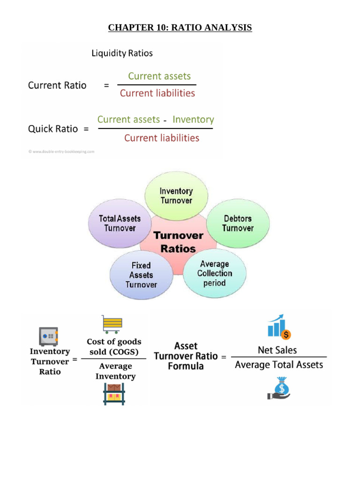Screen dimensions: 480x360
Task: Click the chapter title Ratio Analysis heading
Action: click(x=180, y=28)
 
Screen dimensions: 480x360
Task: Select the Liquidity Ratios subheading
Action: click(x=122, y=53)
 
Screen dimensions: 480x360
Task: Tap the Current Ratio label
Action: click(x=57, y=85)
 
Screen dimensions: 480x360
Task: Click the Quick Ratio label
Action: click(x=53, y=128)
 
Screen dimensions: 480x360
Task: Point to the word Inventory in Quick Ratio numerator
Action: click(x=193, y=120)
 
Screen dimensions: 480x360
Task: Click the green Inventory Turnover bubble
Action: click(x=176, y=196)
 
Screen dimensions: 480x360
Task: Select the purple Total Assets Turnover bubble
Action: click(x=120, y=223)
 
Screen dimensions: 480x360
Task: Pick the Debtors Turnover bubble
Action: click(x=238, y=223)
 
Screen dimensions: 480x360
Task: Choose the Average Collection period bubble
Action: click(x=214, y=273)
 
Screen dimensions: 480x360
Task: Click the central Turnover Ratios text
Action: click(x=178, y=242)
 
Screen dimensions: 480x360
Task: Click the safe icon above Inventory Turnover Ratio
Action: click(x=48, y=337)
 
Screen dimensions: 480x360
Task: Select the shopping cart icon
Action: click(x=112, y=324)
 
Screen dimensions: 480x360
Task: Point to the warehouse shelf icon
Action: click(x=114, y=394)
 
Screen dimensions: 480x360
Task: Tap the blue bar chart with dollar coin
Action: click(x=279, y=327)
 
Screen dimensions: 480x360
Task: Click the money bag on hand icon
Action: click(x=279, y=389)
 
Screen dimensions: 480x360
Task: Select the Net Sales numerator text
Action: click(x=277, y=350)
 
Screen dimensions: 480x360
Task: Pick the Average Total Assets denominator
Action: click(x=278, y=365)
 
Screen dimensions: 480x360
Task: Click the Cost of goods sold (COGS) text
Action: click(x=114, y=347)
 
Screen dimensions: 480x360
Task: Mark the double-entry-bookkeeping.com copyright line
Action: click(x=62, y=151)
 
